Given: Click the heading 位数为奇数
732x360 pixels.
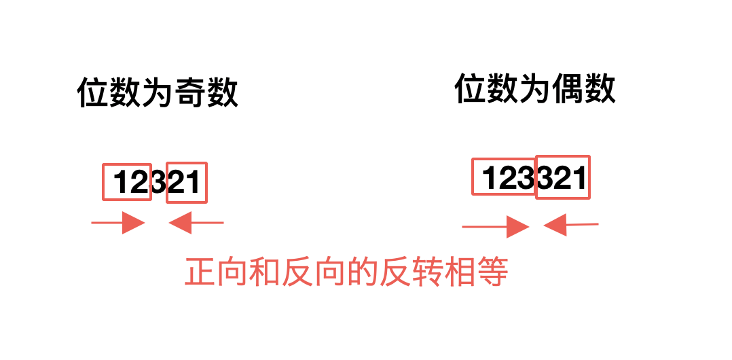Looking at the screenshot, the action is click(x=158, y=93).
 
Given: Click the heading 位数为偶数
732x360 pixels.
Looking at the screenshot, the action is click(x=535, y=89).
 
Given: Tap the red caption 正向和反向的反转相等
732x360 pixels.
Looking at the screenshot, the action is click(x=346, y=273).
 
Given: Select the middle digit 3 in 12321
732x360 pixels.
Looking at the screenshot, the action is click(x=158, y=183).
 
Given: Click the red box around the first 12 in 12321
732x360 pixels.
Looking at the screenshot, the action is click(x=127, y=182).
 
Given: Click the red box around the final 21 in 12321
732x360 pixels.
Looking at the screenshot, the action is click(x=186, y=182).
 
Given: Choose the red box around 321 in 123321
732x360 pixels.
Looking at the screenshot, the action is click(x=563, y=178).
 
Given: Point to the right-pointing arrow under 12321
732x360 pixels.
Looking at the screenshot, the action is click(x=119, y=223).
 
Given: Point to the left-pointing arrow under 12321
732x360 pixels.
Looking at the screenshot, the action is click(x=196, y=223).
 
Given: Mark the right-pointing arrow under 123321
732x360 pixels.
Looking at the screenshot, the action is click(x=495, y=227).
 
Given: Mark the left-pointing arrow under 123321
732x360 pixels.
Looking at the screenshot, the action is click(x=570, y=225).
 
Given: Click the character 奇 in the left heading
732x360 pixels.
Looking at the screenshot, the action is click(x=191, y=93).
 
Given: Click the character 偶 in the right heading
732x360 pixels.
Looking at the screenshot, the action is click(x=568, y=89).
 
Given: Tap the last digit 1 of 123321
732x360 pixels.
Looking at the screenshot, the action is click(x=579, y=178).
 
